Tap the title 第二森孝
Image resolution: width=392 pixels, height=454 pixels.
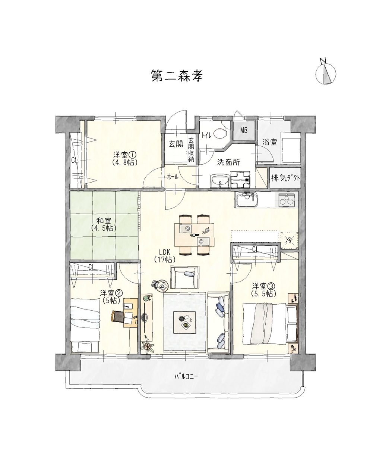[x=177, y=76]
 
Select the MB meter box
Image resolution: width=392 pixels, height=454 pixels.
[x=244, y=130]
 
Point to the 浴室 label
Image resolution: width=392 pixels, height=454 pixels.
[x=270, y=143]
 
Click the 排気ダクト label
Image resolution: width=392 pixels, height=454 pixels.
[x=285, y=178]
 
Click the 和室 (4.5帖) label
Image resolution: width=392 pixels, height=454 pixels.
[x=104, y=224]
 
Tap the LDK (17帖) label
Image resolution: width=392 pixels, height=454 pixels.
[x=164, y=256]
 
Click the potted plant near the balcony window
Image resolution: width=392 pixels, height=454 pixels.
[x=147, y=347]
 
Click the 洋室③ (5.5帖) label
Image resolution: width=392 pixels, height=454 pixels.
[x=263, y=289]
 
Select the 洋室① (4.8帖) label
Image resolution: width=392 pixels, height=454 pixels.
[x=125, y=159]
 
